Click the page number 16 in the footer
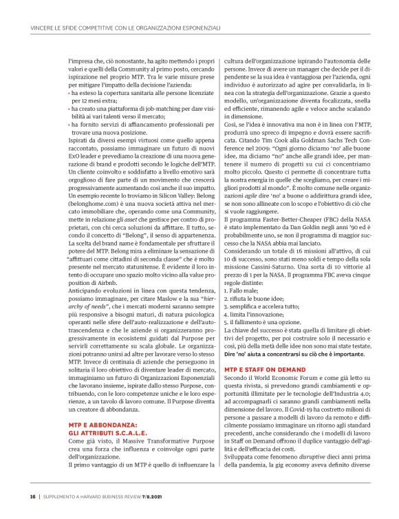32,496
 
